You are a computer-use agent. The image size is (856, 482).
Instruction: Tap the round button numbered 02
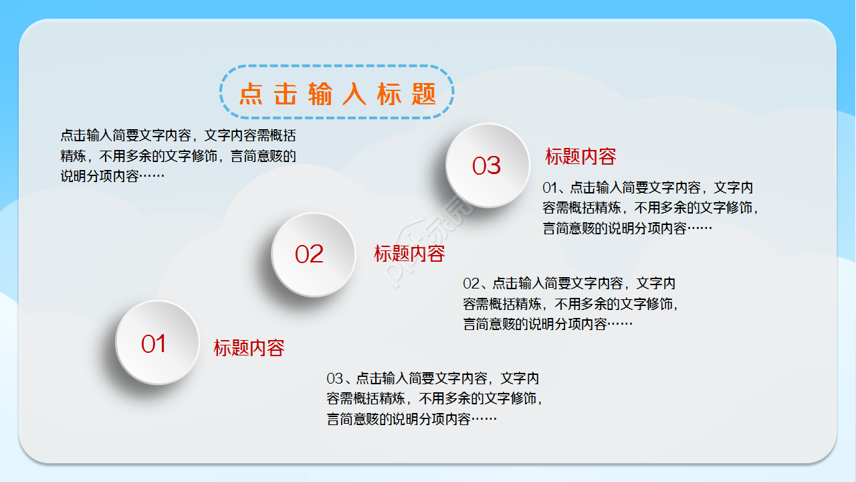(313, 254)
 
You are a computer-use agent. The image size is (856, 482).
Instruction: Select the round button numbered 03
(488, 165)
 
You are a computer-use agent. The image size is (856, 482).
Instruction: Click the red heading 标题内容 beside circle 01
(249, 347)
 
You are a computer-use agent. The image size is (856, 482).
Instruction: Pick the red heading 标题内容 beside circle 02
(409, 254)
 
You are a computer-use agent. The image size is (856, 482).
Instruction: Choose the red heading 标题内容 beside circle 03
(580, 157)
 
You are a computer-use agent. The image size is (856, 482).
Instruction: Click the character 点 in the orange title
(251, 94)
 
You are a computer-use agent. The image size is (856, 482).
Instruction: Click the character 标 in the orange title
(389, 94)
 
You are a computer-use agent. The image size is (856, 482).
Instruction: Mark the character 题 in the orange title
(424, 94)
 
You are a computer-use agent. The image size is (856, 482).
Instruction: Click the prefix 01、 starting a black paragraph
(556, 187)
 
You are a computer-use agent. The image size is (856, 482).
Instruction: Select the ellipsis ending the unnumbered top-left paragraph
(152, 176)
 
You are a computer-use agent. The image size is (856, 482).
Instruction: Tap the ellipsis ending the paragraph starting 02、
(620, 324)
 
